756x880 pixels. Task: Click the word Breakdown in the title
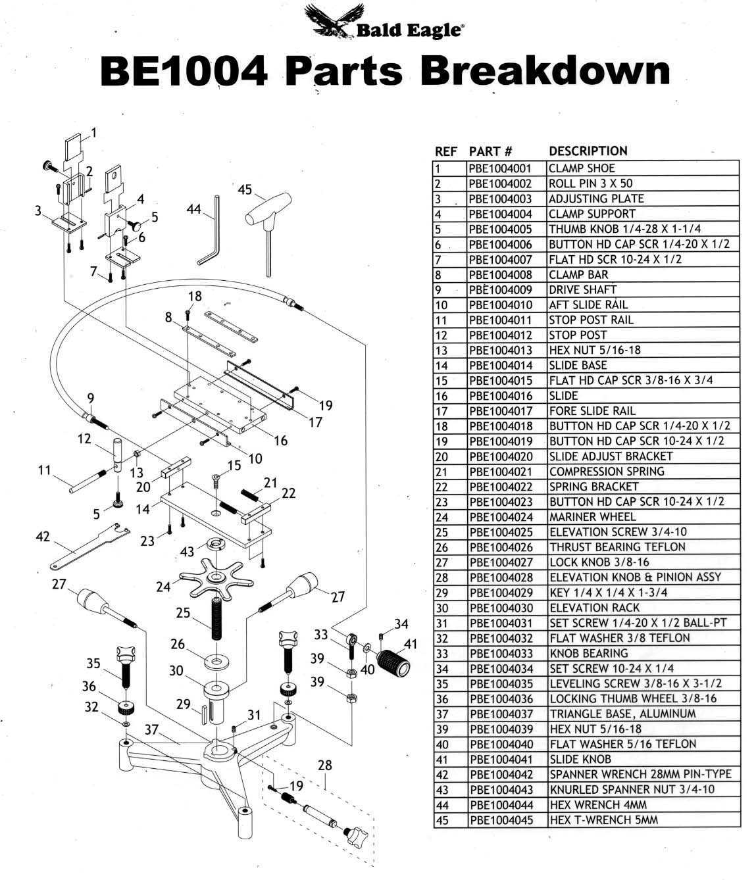tap(545, 71)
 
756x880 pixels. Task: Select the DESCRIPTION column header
tap(588, 151)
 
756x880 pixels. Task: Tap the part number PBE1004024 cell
tap(501, 517)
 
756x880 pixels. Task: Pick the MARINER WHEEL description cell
tap(592, 517)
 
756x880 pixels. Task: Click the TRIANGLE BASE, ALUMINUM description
tap(622, 714)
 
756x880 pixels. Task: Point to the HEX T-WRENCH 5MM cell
tap(603, 819)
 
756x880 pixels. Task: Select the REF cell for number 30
tap(442, 608)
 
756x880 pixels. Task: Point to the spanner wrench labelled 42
tap(89, 547)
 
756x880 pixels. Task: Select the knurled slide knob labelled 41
tap(393, 664)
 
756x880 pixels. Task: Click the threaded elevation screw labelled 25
tap(216, 618)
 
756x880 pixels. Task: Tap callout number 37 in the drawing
tap(151, 729)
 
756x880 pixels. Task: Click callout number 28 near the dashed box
tap(324, 765)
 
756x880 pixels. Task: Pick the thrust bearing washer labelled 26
tap(216, 662)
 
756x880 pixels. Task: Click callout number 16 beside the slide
tap(281, 441)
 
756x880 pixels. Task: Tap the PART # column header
tap(490, 151)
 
